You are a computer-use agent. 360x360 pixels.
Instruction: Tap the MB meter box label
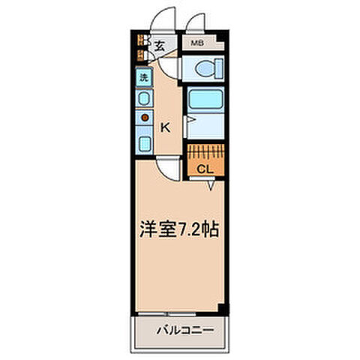tap(197, 43)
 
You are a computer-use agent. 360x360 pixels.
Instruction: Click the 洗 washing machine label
tap(142, 76)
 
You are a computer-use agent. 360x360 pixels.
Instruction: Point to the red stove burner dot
tap(142, 117)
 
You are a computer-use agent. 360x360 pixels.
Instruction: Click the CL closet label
tap(205, 169)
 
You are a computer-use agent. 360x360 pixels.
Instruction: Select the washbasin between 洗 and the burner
tap(142, 97)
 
